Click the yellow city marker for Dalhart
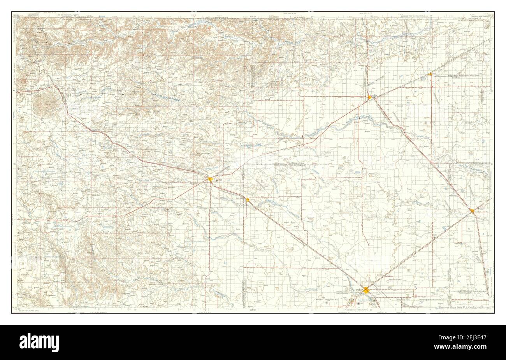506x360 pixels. click(x=366, y=290)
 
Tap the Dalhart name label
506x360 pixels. click(x=359, y=289)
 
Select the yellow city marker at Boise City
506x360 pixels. click(x=369, y=97)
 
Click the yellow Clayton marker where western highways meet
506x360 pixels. click(x=210, y=179)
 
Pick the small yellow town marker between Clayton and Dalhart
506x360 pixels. click(x=247, y=199)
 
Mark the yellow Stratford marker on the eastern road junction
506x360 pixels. click(x=472, y=211)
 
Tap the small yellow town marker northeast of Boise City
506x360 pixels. click(x=430, y=74)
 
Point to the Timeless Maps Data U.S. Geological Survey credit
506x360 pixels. click(x=464, y=307)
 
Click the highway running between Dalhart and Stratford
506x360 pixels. click(x=420, y=250)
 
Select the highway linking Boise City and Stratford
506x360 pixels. click(x=422, y=154)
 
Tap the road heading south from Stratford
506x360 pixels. click(x=481, y=249)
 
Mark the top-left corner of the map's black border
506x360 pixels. click(x=12, y=12)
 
